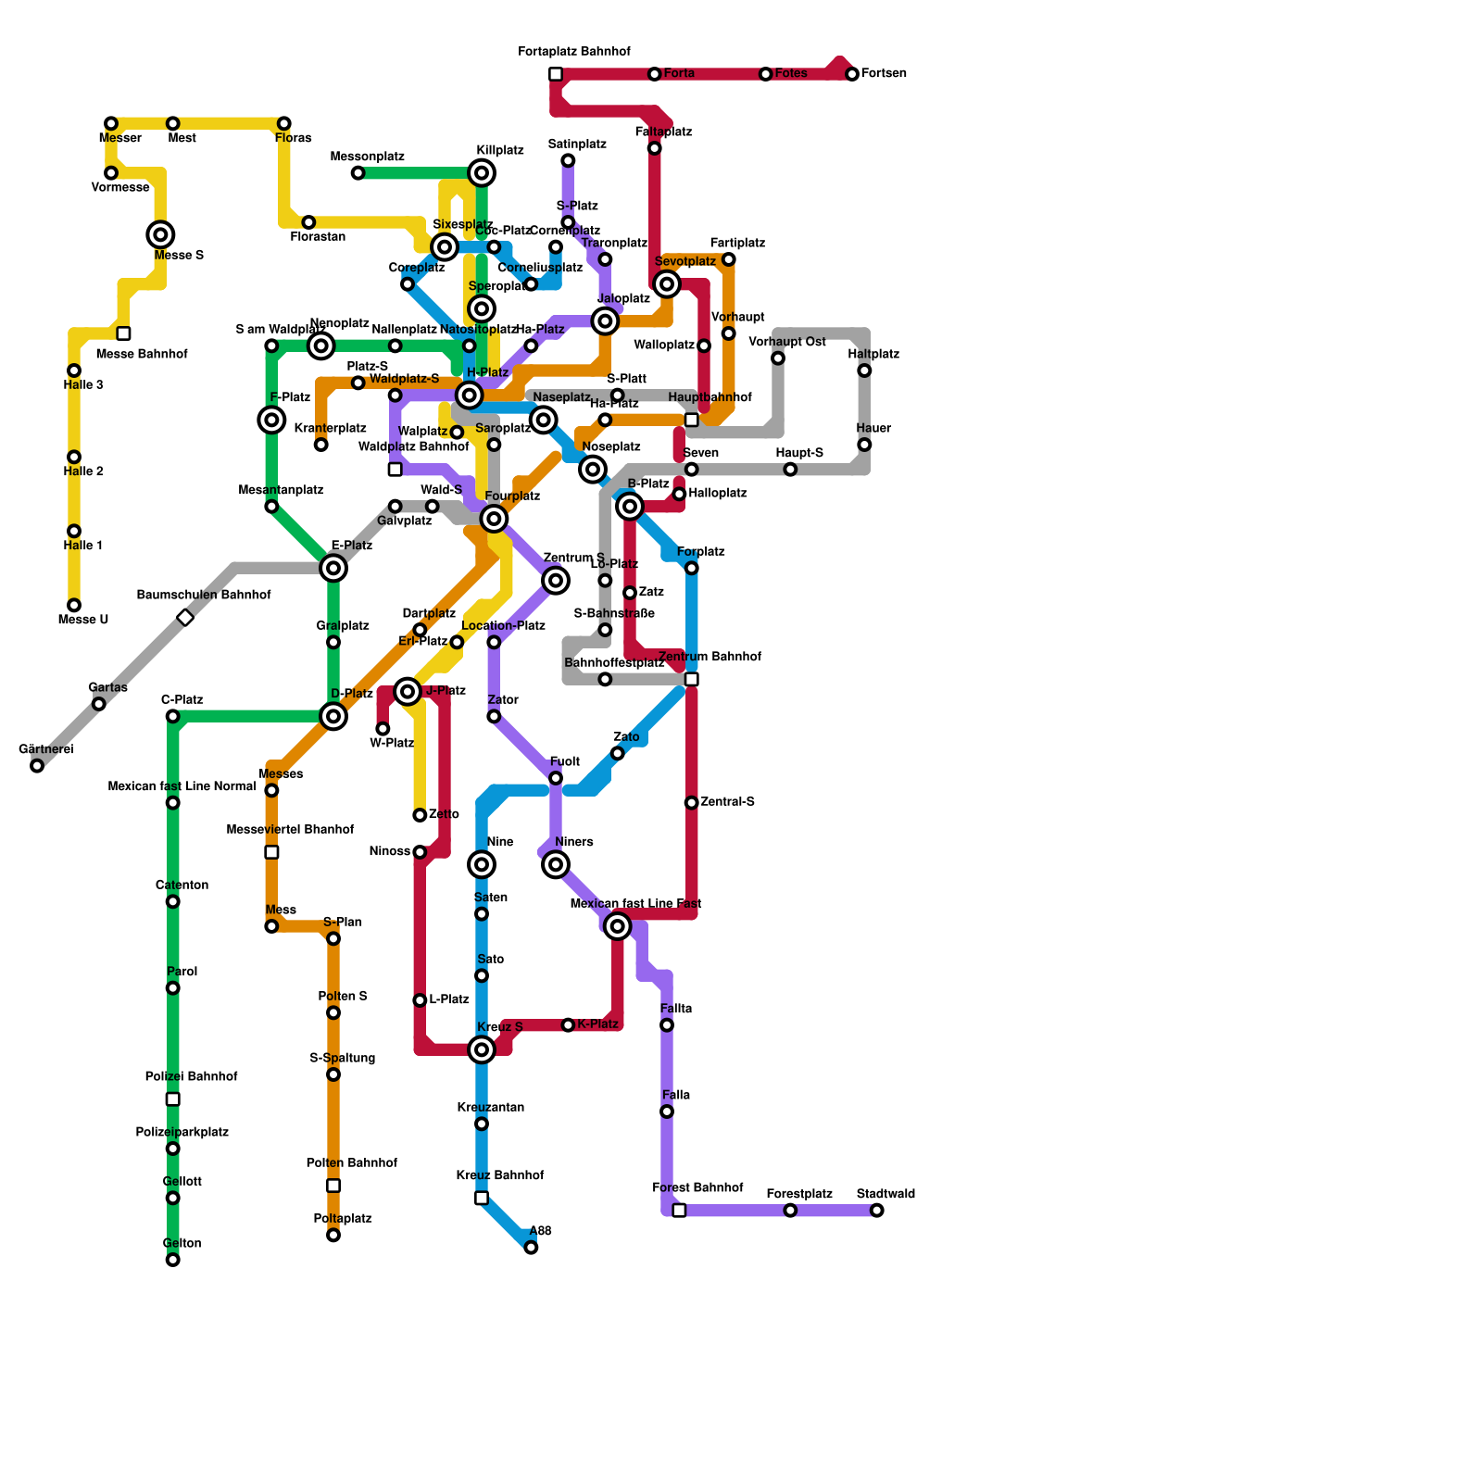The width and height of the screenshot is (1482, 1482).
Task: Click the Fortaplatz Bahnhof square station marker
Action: point(556,74)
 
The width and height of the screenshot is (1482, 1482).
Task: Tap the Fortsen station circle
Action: point(852,74)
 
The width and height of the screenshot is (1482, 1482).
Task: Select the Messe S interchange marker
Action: point(160,234)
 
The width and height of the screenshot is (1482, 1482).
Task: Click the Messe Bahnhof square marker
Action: point(123,333)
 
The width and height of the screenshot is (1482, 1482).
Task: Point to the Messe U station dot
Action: point(74,606)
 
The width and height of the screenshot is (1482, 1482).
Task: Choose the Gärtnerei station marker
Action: point(37,766)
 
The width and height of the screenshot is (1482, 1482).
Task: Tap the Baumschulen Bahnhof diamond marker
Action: point(185,618)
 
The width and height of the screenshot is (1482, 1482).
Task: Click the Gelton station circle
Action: point(172,1260)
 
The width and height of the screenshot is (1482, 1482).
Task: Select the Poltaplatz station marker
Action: point(333,1236)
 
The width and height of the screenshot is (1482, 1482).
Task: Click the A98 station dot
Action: point(531,1248)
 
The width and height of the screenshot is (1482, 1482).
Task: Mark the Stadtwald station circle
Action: point(877,1211)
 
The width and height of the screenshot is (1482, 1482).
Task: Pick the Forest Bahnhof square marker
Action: point(679,1211)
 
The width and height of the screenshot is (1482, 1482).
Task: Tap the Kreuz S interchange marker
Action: point(482,1049)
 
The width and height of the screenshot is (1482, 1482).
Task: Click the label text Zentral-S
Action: point(727,802)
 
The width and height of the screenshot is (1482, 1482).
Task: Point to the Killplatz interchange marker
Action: point(482,172)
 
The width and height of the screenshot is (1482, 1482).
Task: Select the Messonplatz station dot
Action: point(358,173)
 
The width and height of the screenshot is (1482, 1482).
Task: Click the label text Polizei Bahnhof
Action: point(191,1076)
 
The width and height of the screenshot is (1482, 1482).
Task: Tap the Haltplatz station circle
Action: point(864,370)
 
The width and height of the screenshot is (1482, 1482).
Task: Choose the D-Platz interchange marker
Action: point(333,716)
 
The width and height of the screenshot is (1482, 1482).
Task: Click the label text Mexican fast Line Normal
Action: point(182,787)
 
